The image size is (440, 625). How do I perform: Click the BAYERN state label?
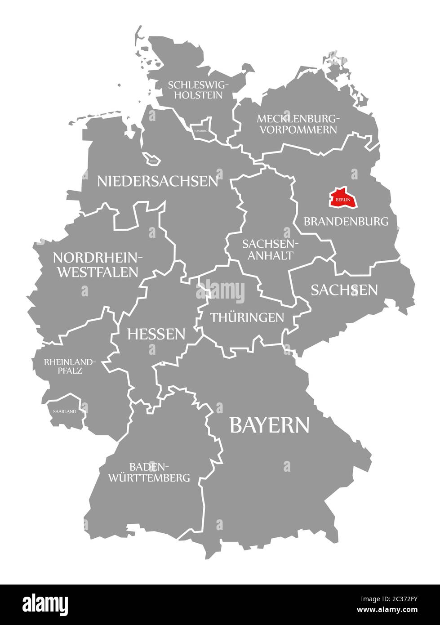269,424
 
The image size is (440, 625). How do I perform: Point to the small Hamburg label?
201,130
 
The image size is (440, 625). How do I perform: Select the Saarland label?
64,411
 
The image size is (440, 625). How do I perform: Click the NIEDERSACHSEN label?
158,181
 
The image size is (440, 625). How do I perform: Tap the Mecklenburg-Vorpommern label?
297,124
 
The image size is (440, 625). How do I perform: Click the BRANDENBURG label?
346,221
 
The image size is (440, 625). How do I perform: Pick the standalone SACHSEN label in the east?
344,290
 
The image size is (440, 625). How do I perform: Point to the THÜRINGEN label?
247,317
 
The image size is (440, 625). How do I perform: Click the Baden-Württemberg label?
149,472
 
